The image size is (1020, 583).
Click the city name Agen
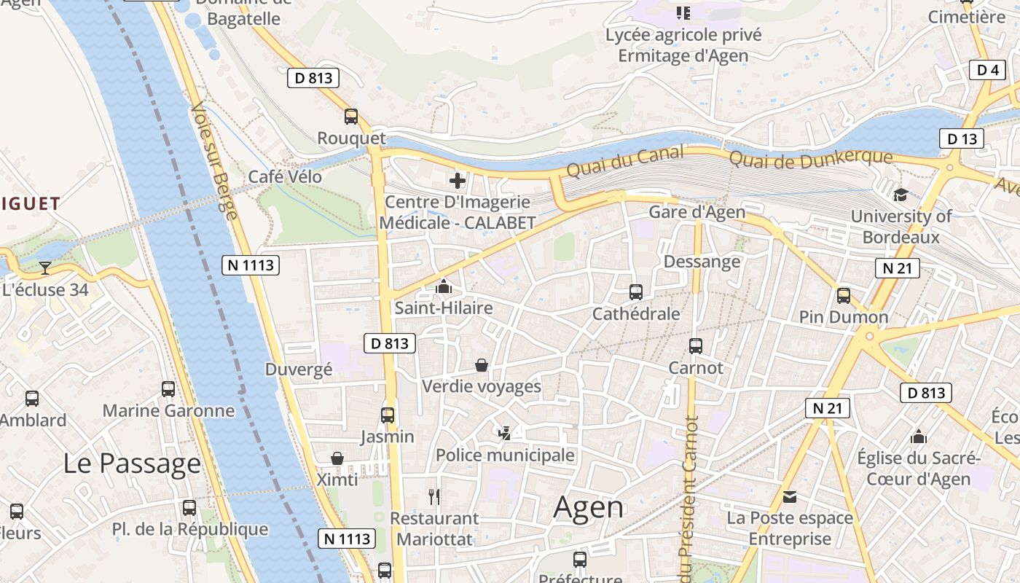588,507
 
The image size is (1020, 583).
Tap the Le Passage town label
132,463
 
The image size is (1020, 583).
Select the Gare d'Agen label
697,212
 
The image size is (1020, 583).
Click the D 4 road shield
987,70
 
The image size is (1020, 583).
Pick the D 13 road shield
961,138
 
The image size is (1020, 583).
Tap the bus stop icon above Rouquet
351,117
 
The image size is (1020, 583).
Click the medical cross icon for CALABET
458,181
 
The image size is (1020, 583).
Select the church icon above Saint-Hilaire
443,287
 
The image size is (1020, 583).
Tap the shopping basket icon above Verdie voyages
481,364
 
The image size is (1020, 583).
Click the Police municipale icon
504,434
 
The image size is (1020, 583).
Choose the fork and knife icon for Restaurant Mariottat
434,497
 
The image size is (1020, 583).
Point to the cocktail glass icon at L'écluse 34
45,268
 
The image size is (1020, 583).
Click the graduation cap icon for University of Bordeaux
901,195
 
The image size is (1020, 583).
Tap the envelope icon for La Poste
790,497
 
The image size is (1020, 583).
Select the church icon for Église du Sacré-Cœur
919,437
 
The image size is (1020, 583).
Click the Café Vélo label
285,176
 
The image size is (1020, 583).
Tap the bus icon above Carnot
696,346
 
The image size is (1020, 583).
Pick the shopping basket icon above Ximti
337,458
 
